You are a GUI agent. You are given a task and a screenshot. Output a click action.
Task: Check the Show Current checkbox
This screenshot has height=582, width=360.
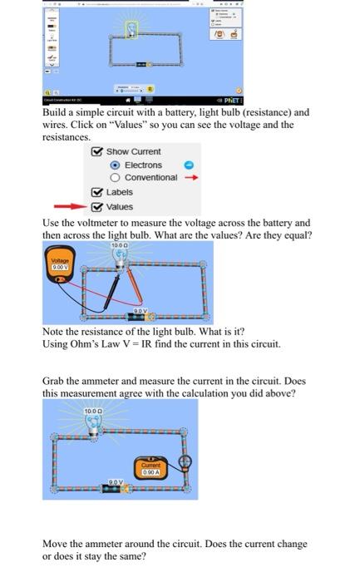click(x=98, y=151)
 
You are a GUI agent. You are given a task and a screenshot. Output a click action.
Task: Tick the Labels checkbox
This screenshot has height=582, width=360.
click(x=98, y=192)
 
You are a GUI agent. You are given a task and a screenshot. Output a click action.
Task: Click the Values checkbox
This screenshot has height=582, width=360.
click(x=98, y=207)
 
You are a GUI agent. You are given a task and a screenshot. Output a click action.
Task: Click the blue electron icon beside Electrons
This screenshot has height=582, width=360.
click(x=188, y=165)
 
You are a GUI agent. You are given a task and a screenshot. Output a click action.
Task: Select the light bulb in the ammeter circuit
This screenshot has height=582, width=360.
click(x=92, y=425)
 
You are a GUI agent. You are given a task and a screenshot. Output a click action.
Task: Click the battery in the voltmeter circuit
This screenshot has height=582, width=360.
click(x=144, y=317)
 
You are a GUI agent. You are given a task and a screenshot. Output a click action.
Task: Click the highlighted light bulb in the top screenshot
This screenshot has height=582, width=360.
click(x=133, y=30)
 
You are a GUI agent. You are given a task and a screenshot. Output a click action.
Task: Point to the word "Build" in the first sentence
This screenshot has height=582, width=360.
click(x=56, y=112)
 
